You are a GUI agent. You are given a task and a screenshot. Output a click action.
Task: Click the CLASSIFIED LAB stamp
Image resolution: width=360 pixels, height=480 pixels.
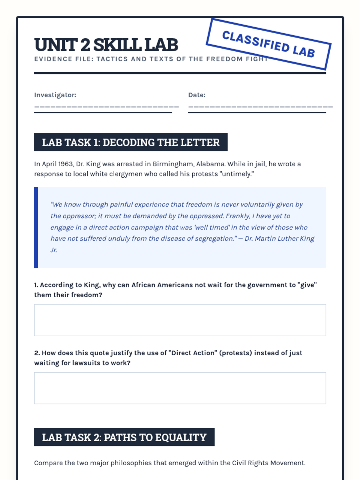[268, 44]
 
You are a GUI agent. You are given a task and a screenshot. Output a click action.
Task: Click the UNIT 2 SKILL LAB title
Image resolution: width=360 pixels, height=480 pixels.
[106, 45]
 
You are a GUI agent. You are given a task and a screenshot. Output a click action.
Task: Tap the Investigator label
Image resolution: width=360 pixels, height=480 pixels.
[55, 95]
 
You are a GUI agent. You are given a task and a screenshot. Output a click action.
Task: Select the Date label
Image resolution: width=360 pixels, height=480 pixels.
[197, 95]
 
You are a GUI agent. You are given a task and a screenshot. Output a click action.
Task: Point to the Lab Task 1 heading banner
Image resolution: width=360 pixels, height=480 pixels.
[131, 142]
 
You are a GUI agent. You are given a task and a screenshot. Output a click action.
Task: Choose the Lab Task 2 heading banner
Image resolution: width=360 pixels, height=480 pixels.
[124, 437]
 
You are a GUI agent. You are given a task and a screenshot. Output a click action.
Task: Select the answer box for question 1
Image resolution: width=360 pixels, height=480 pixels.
[180, 320]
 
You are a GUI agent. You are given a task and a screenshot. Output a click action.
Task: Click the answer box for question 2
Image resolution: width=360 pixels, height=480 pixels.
[180, 388]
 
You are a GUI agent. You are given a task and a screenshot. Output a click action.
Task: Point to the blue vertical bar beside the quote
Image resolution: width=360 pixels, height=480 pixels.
[36, 227]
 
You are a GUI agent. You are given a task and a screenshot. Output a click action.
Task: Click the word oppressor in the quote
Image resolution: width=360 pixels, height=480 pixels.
[79, 216]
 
